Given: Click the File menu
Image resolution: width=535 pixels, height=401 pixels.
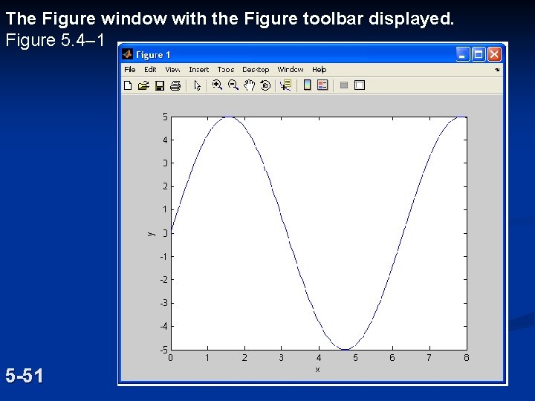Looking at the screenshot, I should pos(130,70).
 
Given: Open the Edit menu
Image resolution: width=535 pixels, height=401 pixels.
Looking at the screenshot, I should pos(150,70).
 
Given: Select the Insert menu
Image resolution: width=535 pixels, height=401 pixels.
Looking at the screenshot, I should pos(199,70).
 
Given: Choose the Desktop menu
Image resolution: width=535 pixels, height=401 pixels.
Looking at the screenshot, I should pos(256,70).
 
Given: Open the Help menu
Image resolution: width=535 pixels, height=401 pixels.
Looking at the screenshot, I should pos(320,70).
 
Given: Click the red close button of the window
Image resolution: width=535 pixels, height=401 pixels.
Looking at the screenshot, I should pos(494,54).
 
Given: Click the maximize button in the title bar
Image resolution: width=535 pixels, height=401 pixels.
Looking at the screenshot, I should pos(479,54).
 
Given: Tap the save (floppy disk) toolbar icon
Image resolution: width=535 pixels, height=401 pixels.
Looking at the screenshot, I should pos(159,85).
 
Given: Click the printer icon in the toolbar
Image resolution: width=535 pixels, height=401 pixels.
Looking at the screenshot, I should pos(175,85).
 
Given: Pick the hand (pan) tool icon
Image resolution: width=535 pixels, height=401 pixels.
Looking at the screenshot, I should pos(250,85).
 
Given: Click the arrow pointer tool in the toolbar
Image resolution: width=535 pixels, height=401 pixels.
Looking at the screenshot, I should pos(197,85).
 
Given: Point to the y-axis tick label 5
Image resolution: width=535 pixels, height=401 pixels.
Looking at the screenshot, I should pos(165,117).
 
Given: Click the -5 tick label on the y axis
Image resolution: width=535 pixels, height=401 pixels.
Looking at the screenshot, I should pos(163,349).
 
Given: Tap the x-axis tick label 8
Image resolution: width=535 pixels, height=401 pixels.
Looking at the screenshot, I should pos(466,358).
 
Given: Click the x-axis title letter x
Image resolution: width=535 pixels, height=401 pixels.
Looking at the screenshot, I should pos(317,369).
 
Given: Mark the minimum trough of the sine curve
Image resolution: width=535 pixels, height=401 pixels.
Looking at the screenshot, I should pos(345,349).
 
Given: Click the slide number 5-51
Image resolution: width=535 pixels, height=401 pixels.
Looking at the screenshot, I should pos(25,376).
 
